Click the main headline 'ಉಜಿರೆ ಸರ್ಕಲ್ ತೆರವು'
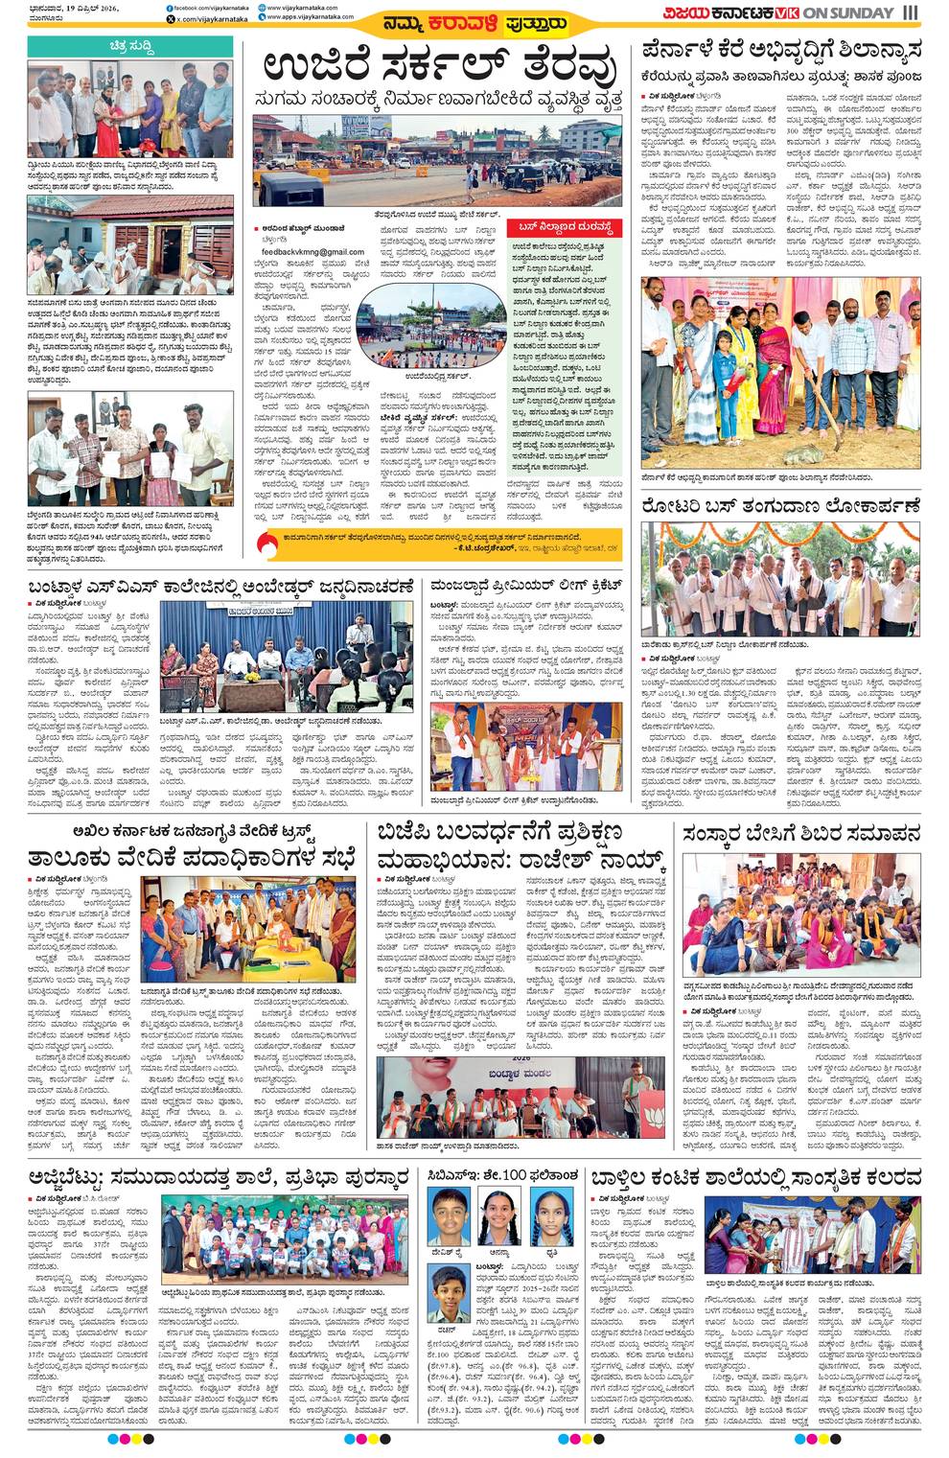(440, 68)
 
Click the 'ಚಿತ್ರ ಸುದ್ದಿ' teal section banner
(128, 45)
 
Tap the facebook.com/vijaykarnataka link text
(210, 7)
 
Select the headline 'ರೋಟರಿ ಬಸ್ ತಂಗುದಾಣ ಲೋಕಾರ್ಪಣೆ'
(780, 504)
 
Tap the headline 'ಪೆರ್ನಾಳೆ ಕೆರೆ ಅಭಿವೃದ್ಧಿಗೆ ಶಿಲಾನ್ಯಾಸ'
(780, 49)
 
